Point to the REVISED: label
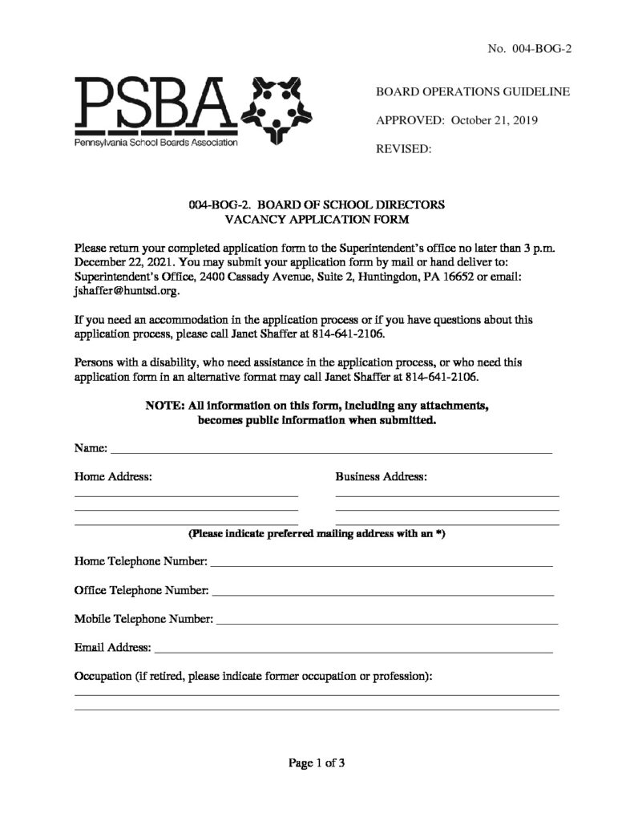(404, 149)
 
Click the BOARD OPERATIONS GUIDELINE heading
(473, 92)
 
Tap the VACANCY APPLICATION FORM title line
(317, 219)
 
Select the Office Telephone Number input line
(382, 595)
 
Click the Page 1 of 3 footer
(317, 762)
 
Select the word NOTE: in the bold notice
(164, 406)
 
